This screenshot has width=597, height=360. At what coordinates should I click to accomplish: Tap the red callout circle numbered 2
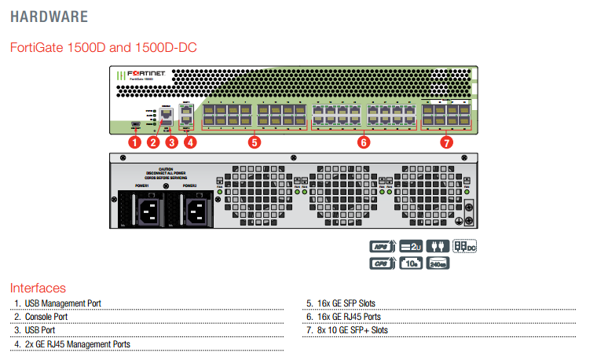click(x=153, y=142)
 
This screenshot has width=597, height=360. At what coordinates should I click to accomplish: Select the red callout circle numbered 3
click(x=171, y=142)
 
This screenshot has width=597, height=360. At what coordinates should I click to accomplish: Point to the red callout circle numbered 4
click(x=190, y=142)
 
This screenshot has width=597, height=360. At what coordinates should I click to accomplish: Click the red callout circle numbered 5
click(x=254, y=142)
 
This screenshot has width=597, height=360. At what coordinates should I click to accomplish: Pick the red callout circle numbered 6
click(x=363, y=142)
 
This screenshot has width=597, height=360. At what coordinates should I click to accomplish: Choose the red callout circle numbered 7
click(x=446, y=142)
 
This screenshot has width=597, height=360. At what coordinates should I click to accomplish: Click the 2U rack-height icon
click(x=411, y=247)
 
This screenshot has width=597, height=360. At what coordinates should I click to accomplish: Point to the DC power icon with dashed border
click(x=466, y=247)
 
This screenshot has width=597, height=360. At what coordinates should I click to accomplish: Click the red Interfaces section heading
click(x=38, y=288)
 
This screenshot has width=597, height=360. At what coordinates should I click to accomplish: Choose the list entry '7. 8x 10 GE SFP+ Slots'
click(x=346, y=330)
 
